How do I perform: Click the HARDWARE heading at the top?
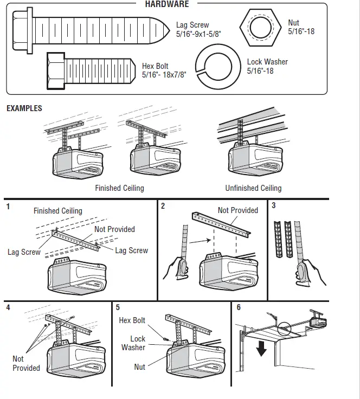pyautogui.click(x=167, y=4)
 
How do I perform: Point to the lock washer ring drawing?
pyautogui.click(x=217, y=66)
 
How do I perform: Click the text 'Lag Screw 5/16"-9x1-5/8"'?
pyautogui.click(x=199, y=30)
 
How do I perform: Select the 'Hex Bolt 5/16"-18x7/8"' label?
pyautogui.click(x=164, y=70)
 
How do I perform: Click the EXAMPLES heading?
pyautogui.click(x=24, y=108)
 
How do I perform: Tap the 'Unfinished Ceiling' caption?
pyautogui.click(x=253, y=188)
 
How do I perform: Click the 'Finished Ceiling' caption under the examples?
pyautogui.click(x=119, y=188)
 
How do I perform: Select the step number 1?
pyautogui.click(x=8, y=206)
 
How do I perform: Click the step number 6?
pyautogui.click(x=239, y=307)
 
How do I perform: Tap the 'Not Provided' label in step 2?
pyautogui.click(x=237, y=210)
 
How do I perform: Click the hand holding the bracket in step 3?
pyautogui.click(x=310, y=273)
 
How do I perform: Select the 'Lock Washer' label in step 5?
pyautogui.click(x=133, y=343)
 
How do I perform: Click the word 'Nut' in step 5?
pyautogui.click(x=140, y=367)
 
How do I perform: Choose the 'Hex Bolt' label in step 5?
pyautogui.click(x=132, y=320)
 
